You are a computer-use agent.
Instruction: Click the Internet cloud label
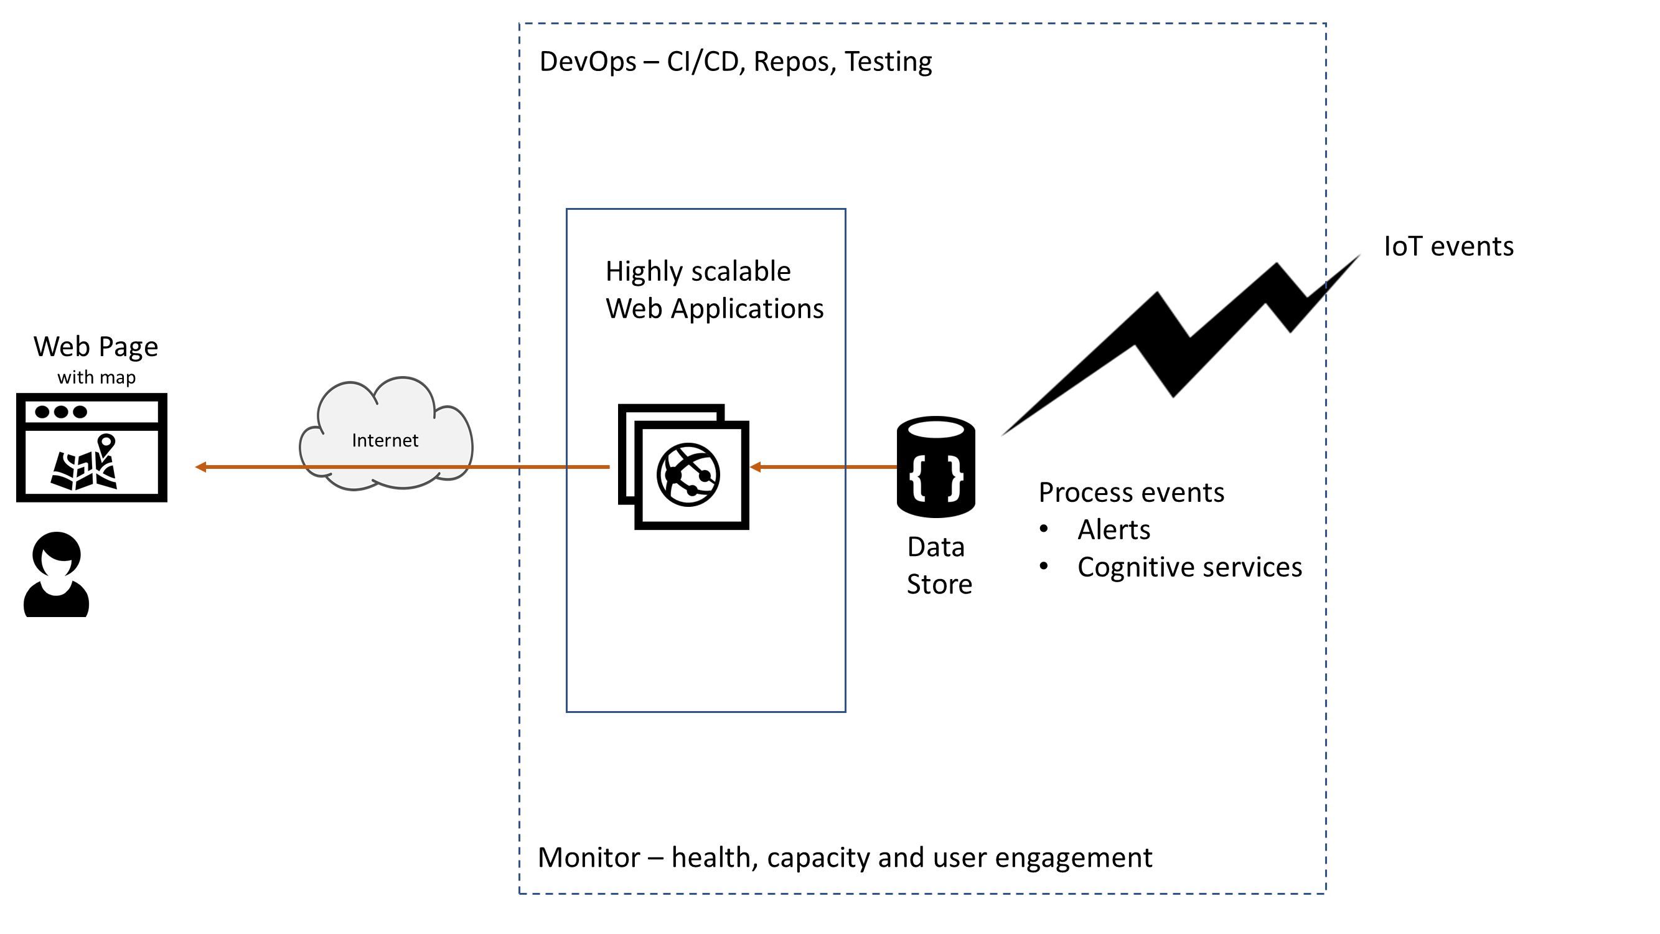tap(385, 440)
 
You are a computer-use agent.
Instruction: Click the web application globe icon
tap(688, 475)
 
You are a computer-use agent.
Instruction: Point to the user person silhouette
tap(57, 575)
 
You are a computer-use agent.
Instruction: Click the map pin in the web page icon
tap(106, 443)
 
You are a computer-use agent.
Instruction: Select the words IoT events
tap(1448, 246)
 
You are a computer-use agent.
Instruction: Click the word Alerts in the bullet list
tap(1114, 530)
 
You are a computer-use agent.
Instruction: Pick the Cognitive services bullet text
tap(1189, 567)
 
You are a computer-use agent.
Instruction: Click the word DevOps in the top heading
tap(588, 62)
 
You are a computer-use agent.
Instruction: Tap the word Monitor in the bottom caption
tap(589, 858)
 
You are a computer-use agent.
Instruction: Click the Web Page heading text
tap(96, 347)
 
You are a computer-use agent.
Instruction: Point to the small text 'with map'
tap(96, 377)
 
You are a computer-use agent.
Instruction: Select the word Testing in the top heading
tap(888, 62)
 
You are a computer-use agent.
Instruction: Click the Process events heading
tap(1131, 493)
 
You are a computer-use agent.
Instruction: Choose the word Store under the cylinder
tap(939, 585)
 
